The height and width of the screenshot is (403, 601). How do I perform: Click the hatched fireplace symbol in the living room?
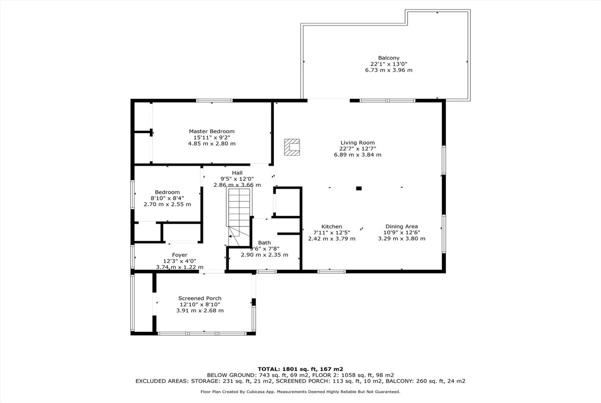[x=292, y=147]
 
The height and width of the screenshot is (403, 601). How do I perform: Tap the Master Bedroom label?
[x=212, y=131]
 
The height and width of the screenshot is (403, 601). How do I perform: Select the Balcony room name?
[x=389, y=58]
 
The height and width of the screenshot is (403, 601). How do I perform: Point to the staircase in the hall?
[x=239, y=216]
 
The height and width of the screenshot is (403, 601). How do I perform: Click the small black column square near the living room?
[x=359, y=188]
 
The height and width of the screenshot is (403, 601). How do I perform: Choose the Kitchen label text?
[x=332, y=227]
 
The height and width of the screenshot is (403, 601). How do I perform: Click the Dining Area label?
[x=402, y=227]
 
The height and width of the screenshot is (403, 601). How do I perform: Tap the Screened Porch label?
[x=200, y=298]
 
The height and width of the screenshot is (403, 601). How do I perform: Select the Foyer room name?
[x=179, y=255]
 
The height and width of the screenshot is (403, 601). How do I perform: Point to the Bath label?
[x=264, y=243]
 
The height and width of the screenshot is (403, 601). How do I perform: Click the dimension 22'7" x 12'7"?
[x=358, y=149]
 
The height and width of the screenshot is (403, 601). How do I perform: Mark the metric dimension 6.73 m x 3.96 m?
[x=389, y=70]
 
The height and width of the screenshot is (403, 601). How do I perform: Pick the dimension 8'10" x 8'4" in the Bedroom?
[x=167, y=198]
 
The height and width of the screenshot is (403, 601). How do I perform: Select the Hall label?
[x=237, y=173]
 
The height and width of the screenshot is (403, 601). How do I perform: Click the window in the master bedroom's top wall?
[x=214, y=101]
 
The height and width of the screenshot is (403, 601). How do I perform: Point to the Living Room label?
[x=358, y=143]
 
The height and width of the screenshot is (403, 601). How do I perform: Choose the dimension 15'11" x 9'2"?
[x=212, y=138]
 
